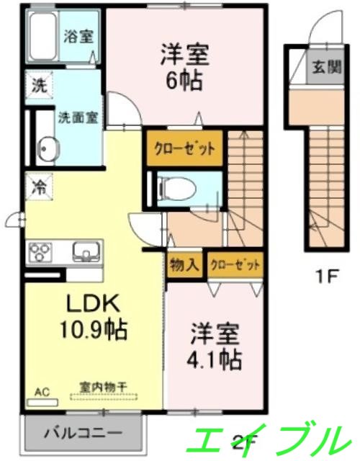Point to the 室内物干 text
pos(103,388)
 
